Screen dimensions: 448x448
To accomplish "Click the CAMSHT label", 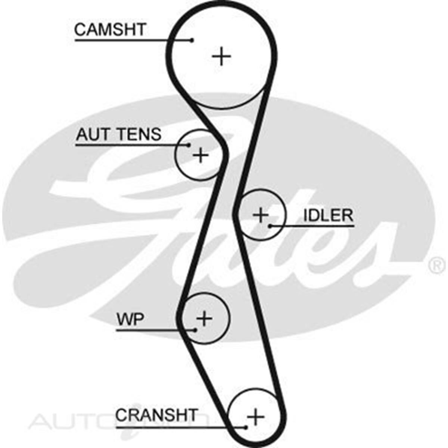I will coord(110,29).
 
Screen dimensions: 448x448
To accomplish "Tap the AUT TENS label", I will coord(119,134).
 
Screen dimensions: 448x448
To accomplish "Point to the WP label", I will coord(130,320).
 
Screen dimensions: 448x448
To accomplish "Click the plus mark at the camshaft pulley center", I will coord(222,56).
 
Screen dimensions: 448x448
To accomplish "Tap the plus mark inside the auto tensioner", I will coord(201,155).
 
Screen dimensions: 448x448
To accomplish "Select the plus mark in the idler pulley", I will coord(261,215).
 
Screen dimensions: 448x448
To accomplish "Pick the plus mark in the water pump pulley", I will coord(204,318).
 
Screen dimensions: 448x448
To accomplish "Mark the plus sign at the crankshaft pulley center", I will coord(256,416).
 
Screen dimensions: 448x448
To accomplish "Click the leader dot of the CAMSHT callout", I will coord(192,40).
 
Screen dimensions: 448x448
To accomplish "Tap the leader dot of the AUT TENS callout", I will coord(189,145).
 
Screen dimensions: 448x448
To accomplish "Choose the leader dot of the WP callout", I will coord(195,330).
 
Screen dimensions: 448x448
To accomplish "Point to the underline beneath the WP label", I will coord(149,330).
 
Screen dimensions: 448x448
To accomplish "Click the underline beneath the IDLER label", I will coord(317,226).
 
